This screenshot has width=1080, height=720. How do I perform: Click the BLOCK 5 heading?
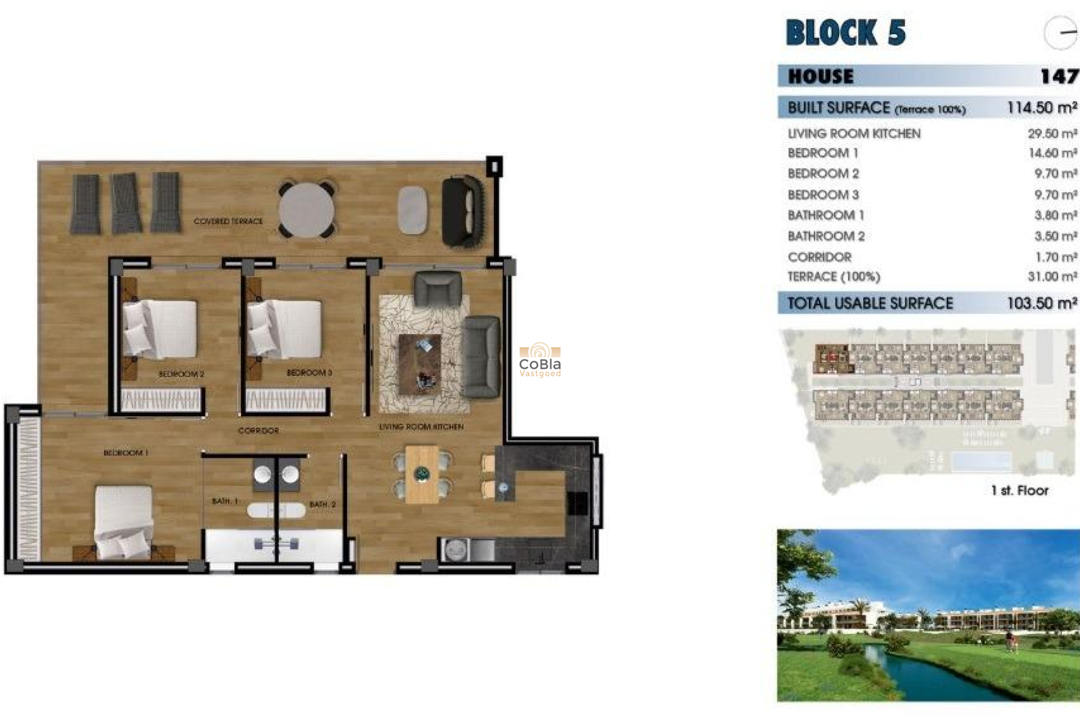pos(845,33)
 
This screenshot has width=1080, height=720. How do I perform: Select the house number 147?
pos(1059,76)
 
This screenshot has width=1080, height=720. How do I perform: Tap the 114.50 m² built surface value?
pos(1042,108)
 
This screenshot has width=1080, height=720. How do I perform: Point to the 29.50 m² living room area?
pos(1052,134)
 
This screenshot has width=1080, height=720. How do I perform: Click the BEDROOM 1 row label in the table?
pos(822,154)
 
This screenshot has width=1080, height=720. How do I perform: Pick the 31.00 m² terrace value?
pos(1052,277)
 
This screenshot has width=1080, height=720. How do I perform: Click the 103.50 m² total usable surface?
pos(1042,304)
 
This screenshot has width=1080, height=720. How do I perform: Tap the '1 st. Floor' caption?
pos(1019,490)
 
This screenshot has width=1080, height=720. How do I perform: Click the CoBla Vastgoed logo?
pos(539,360)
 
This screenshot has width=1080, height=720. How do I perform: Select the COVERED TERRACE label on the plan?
pos(228,222)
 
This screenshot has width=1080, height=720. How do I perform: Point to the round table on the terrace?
pos(307,210)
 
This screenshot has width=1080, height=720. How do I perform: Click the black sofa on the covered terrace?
pos(462,211)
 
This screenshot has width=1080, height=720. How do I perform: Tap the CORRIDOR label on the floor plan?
pos(258,431)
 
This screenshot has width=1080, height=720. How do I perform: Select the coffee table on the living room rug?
pos(420,363)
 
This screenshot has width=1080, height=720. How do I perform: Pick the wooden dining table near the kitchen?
pos(422,474)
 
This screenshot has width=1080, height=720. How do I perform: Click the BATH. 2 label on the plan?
pos(322,505)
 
